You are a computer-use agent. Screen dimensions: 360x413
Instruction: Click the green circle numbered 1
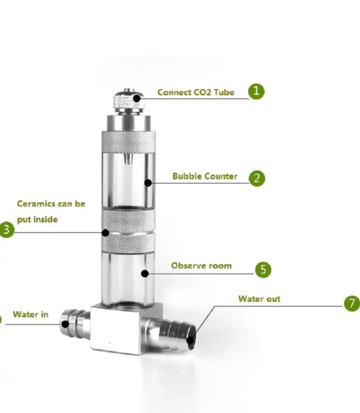click(256, 91)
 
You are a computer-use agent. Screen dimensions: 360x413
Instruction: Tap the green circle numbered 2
click(257, 178)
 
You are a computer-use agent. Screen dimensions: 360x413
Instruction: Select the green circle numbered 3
click(7, 230)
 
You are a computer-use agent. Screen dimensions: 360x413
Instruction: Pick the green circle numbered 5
click(263, 270)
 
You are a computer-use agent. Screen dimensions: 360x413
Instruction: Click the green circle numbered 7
click(352, 303)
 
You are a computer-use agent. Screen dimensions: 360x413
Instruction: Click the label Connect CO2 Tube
click(196, 92)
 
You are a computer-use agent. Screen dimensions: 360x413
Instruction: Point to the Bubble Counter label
click(205, 176)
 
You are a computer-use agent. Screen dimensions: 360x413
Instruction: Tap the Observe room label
click(201, 266)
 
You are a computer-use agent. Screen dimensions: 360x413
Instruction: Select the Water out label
click(259, 298)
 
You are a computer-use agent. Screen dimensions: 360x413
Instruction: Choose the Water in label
click(30, 314)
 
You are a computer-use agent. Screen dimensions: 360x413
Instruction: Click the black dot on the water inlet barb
click(65, 324)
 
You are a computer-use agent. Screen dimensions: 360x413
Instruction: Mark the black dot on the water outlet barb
click(190, 340)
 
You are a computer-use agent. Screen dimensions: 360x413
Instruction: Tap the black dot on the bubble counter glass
click(148, 182)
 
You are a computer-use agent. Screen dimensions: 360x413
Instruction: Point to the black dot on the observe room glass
click(145, 274)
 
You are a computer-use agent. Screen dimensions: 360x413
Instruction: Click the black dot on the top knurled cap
click(137, 99)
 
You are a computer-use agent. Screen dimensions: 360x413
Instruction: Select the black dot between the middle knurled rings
click(105, 233)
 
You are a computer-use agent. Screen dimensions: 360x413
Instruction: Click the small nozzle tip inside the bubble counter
click(128, 159)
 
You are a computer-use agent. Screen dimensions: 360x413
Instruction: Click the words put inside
click(37, 220)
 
